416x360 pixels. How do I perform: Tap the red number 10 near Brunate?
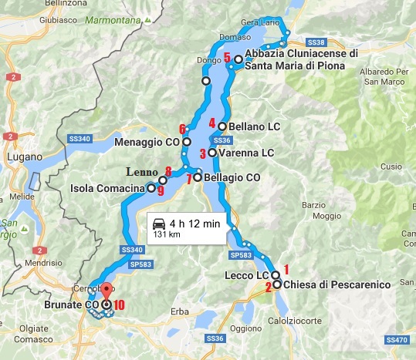119,304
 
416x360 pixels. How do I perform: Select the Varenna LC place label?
246,153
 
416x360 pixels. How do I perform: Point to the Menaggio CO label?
147,143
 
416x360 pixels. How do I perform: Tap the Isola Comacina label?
107,187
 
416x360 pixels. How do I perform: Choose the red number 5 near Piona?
228,57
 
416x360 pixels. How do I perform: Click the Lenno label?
144,171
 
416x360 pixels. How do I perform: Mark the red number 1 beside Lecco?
286,269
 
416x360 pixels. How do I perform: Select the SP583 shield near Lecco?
240,254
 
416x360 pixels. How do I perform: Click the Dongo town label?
209,59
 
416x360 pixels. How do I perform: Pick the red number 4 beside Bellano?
211,123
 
